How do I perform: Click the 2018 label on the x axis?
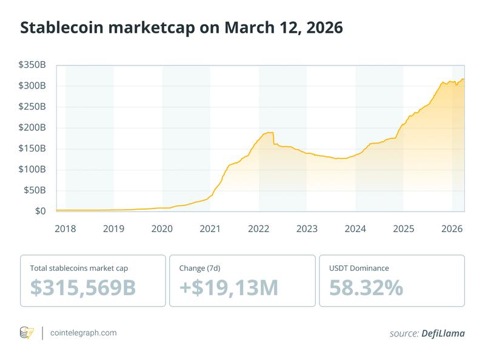pyautogui.click(x=65, y=229)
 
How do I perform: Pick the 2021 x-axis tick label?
pyautogui.click(x=210, y=229)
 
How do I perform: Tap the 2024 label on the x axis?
pyautogui.click(x=355, y=229)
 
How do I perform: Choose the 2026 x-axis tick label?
pyautogui.click(x=452, y=229)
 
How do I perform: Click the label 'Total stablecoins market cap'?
pyautogui.click(x=78, y=267)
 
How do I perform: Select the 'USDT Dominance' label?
pyautogui.click(x=359, y=267)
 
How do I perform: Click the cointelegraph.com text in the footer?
pyautogui.click(x=84, y=333)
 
